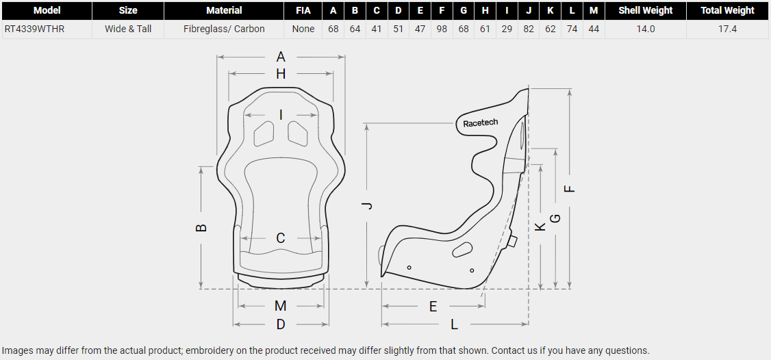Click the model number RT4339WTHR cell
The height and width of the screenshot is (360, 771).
(x=35, y=29)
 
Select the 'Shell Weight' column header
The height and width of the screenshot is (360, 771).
(x=645, y=10)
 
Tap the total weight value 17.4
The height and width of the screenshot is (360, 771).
(x=727, y=29)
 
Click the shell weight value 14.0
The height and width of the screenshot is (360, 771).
(x=645, y=29)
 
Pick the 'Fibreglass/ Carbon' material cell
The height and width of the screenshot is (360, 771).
(x=224, y=29)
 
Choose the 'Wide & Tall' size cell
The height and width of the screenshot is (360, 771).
(x=128, y=29)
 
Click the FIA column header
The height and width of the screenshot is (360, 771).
(x=303, y=10)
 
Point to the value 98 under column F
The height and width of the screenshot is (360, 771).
(x=442, y=29)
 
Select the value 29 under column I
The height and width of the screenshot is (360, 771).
(x=507, y=29)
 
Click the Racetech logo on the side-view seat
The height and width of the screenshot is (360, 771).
(x=481, y=123)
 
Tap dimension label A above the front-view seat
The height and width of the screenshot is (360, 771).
(x=281, y=57)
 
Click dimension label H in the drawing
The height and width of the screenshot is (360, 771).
(x=281, y=74)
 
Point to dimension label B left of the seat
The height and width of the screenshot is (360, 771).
(x=201, y=228)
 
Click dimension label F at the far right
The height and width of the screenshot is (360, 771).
(x=570, y=189)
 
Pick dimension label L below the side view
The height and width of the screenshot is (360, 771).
(x=454, y=324)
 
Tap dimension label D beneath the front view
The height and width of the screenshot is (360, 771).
(x=281, y=324)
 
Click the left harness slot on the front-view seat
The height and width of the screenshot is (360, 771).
(x=264, y=133)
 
